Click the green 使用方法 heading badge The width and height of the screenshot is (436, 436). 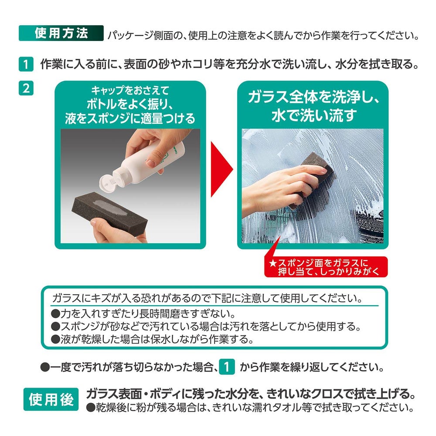click(61, 33)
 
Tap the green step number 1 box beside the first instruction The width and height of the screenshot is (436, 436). click(26, 64)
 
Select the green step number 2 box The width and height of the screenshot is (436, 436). click(26, 88)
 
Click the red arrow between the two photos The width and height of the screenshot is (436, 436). click(221, 169)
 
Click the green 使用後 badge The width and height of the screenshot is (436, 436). click(51, 399)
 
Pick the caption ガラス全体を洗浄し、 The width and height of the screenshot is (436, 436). click(313, 97)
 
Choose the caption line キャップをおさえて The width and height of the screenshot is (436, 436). click(130, 90)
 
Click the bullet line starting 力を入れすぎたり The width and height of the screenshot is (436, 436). click(143, 313)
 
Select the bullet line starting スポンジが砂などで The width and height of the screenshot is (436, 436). click(206, 327)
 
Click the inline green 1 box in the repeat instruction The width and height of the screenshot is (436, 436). click(227, 367)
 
